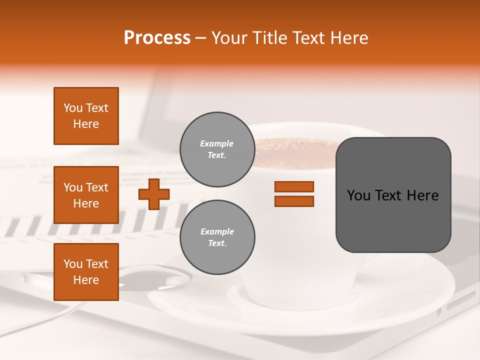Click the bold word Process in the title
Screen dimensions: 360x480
(157, 38)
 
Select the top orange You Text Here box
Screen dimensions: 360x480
(86, 116)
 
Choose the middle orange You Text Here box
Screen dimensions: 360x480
(86, 195)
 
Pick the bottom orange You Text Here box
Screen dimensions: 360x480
(86, 272)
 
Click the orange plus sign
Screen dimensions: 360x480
(154, 194)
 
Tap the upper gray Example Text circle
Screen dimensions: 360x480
(217, 149)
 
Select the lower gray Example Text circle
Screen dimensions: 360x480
(217, 237)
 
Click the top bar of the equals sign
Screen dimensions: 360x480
(294, 187)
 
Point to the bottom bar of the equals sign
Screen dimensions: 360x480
(294, 201)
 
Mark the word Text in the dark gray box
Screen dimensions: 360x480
(389, 195)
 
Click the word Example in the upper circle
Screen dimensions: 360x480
(217, 143)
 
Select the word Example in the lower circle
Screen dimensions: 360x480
(217, 231)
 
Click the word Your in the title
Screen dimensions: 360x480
(229, 38)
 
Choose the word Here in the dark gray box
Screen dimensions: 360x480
(423, 195)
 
